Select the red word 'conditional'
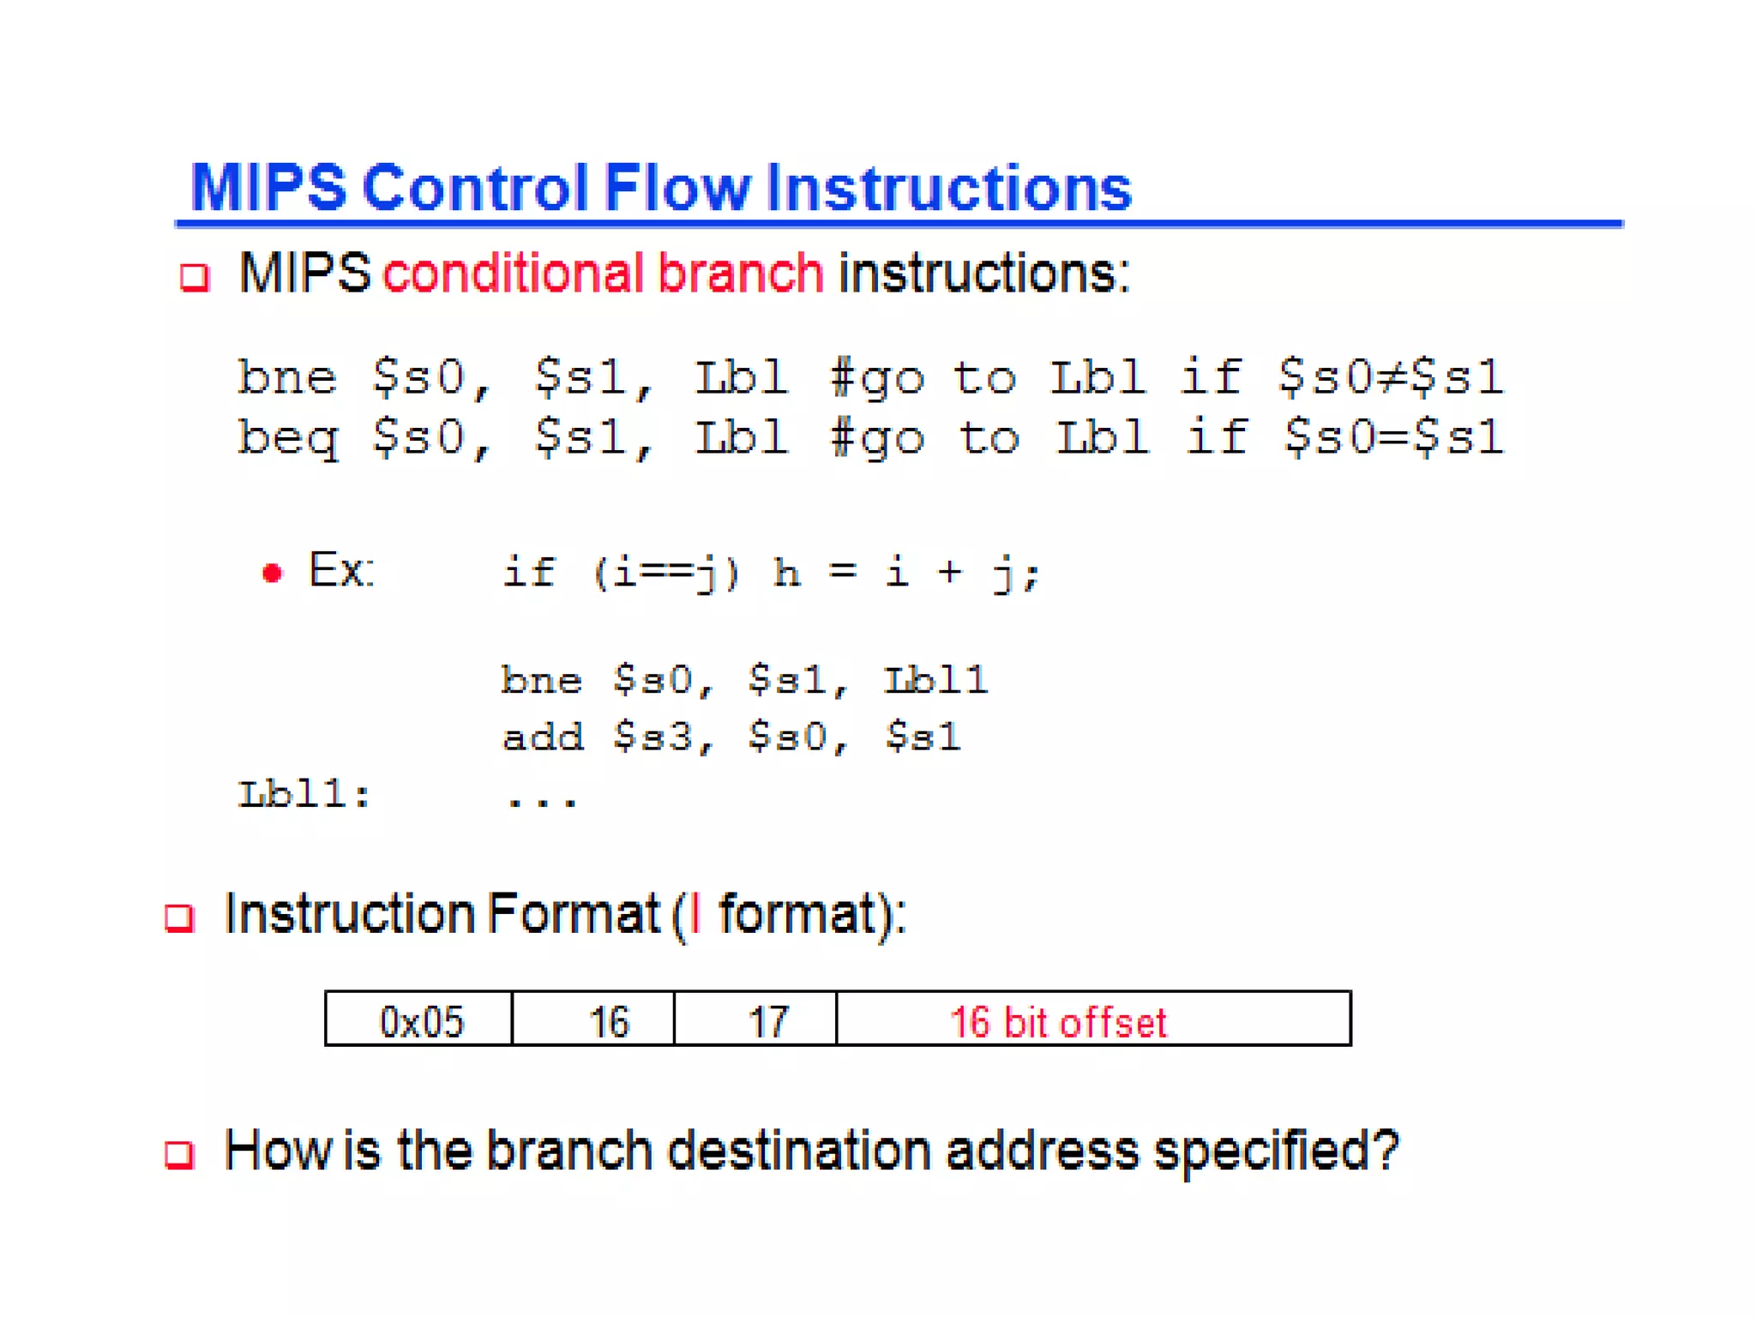pos(512,274)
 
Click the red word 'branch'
pos(740,274)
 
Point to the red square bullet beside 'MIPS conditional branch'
pos(194,278)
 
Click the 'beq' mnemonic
pos(288,438)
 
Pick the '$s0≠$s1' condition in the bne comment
pos(1390,377)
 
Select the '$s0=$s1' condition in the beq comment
pos(1392,437)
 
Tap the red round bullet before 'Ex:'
pos(272,573)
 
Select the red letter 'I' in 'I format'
pos(695,914)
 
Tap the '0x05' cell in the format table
pos(420,1020)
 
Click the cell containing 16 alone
pos(608,1020)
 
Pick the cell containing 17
pos(767,1020)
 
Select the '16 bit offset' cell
pos(1092,1020)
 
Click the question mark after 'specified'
pos(1383,1151)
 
